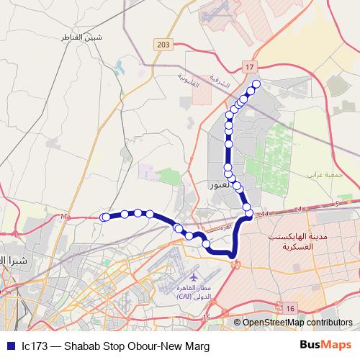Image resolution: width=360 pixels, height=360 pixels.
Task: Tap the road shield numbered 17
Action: coord(250,67)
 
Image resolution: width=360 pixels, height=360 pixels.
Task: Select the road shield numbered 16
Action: coord(289,308)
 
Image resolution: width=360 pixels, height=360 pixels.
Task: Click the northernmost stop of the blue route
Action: coord(256,84)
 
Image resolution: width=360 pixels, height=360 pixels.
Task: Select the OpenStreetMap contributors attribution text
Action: coord(297,323)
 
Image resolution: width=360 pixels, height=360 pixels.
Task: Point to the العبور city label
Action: coord(221,185)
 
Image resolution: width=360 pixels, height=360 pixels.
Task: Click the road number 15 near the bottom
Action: coord(207,317)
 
